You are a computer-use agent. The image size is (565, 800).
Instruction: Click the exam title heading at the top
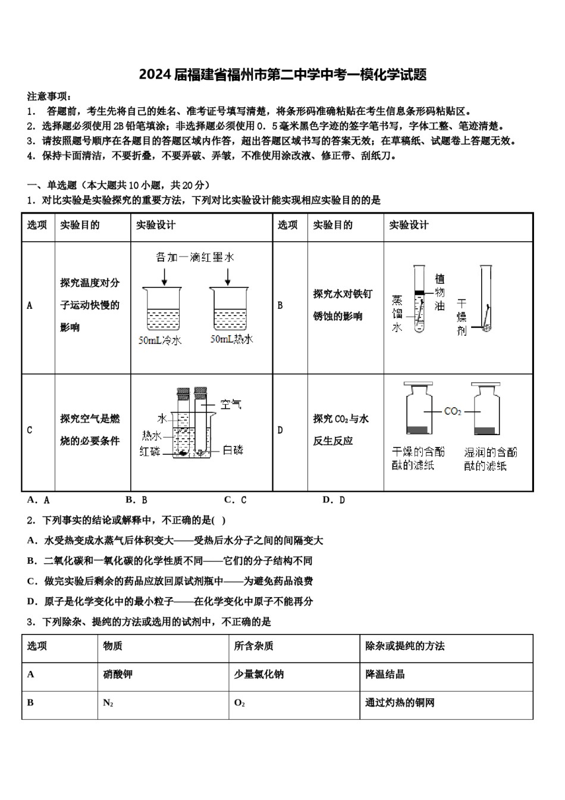point(282,74)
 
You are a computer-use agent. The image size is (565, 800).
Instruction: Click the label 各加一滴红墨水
point(195,257)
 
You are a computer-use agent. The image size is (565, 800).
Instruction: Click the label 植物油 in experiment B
point(440,292)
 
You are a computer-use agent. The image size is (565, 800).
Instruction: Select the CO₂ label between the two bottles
point(452,411)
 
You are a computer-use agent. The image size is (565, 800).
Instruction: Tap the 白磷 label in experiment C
point(232,450)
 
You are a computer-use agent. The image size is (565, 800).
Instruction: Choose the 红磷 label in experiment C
point(150,451)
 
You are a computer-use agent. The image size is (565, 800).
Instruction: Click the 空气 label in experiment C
point(230,404)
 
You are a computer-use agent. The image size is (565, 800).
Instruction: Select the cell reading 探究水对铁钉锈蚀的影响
point(343,305)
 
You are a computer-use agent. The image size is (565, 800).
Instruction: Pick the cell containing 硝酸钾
point(118,674)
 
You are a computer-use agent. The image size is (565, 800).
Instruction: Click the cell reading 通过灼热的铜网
point(400,703)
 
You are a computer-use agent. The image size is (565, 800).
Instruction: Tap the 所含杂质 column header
point(253,646)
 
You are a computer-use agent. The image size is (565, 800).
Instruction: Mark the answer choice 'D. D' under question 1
point(333,500)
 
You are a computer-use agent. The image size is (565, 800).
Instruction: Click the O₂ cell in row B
point(240,703)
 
